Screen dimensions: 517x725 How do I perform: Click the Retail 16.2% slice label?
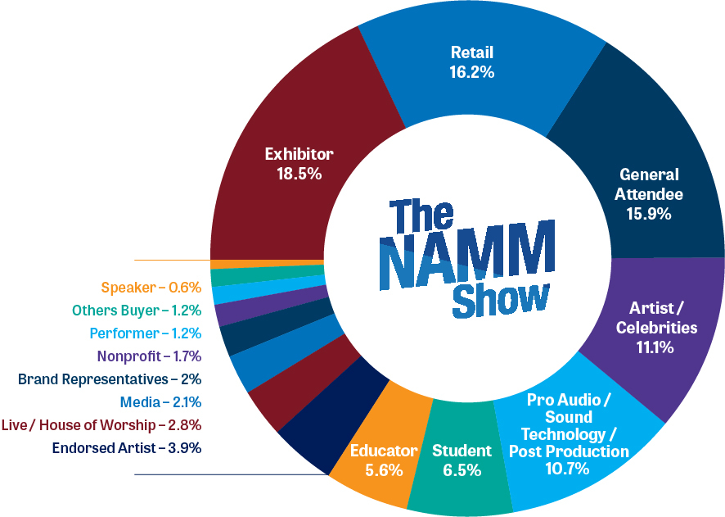click(472, 63)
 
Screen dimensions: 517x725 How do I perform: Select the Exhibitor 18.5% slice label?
click(299, 164)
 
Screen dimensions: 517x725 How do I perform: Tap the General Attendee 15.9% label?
click(649, 195)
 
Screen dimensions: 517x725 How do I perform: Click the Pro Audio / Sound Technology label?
click(569, 426)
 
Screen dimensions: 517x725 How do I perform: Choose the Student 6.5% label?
click(462, 460)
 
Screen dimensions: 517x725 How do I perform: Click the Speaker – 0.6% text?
click(151, 288)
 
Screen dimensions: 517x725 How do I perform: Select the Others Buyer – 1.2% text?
click(137, 311)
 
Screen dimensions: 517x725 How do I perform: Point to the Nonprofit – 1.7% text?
click(149, 356)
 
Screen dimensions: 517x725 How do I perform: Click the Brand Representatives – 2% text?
click(110, 379)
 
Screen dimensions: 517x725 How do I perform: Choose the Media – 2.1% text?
click(160, 402)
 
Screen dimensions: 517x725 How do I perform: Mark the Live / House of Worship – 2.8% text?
click(101, 425)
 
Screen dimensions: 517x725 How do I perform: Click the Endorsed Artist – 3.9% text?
click(127, 448)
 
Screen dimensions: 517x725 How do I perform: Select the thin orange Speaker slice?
click(268, 264)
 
